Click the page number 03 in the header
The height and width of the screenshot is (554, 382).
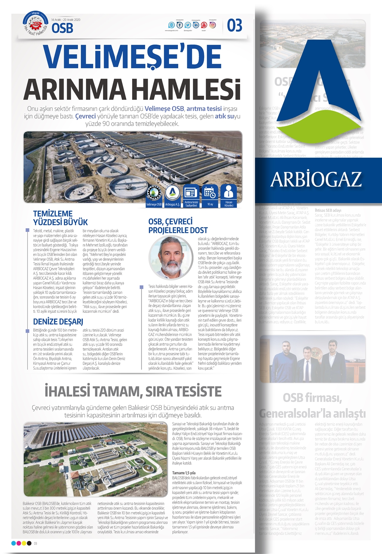pyautogui.click(x=234, y=25)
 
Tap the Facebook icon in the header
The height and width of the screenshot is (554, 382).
pyautogui.click(x=180, y=25)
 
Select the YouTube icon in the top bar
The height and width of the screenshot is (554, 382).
pyautogui.click(x=204, y=25)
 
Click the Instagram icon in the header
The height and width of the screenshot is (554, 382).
pyautogui.click(x=213, y=25)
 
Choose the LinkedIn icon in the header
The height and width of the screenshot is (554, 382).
pyautogui.click(x=196, y=25)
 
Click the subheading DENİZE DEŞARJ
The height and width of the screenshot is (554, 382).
pyautogui.click(x=58, y=322)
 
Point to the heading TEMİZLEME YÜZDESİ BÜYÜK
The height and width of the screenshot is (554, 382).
pyautogui.click(x=61, y=218)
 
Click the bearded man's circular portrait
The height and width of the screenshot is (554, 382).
pyautogui.click(x=171, y=259)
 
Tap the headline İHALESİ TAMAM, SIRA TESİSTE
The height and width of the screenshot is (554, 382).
pyautogui.click(x=133, y=391)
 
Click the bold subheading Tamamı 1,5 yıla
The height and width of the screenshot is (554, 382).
pyautogui.click(x=184, y=473)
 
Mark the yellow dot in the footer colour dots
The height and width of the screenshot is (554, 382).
pyautogui.click(x=24, y=543)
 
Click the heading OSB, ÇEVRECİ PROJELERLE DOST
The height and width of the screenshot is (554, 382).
pyautogui.click(x=178, y=226)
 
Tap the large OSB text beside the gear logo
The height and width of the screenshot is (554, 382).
pyautogui.click(x=62, y=28)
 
